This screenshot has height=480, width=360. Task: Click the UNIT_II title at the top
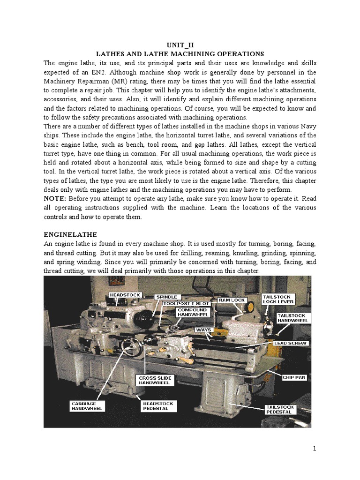[x=180, y=45]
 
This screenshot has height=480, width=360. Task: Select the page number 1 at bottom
[x=315, y=449]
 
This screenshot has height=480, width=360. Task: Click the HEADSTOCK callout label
[x=124, y=294]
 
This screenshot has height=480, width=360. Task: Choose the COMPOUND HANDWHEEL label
[x=191, y=313]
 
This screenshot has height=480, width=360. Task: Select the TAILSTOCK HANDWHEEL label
[x=292, y=318]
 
